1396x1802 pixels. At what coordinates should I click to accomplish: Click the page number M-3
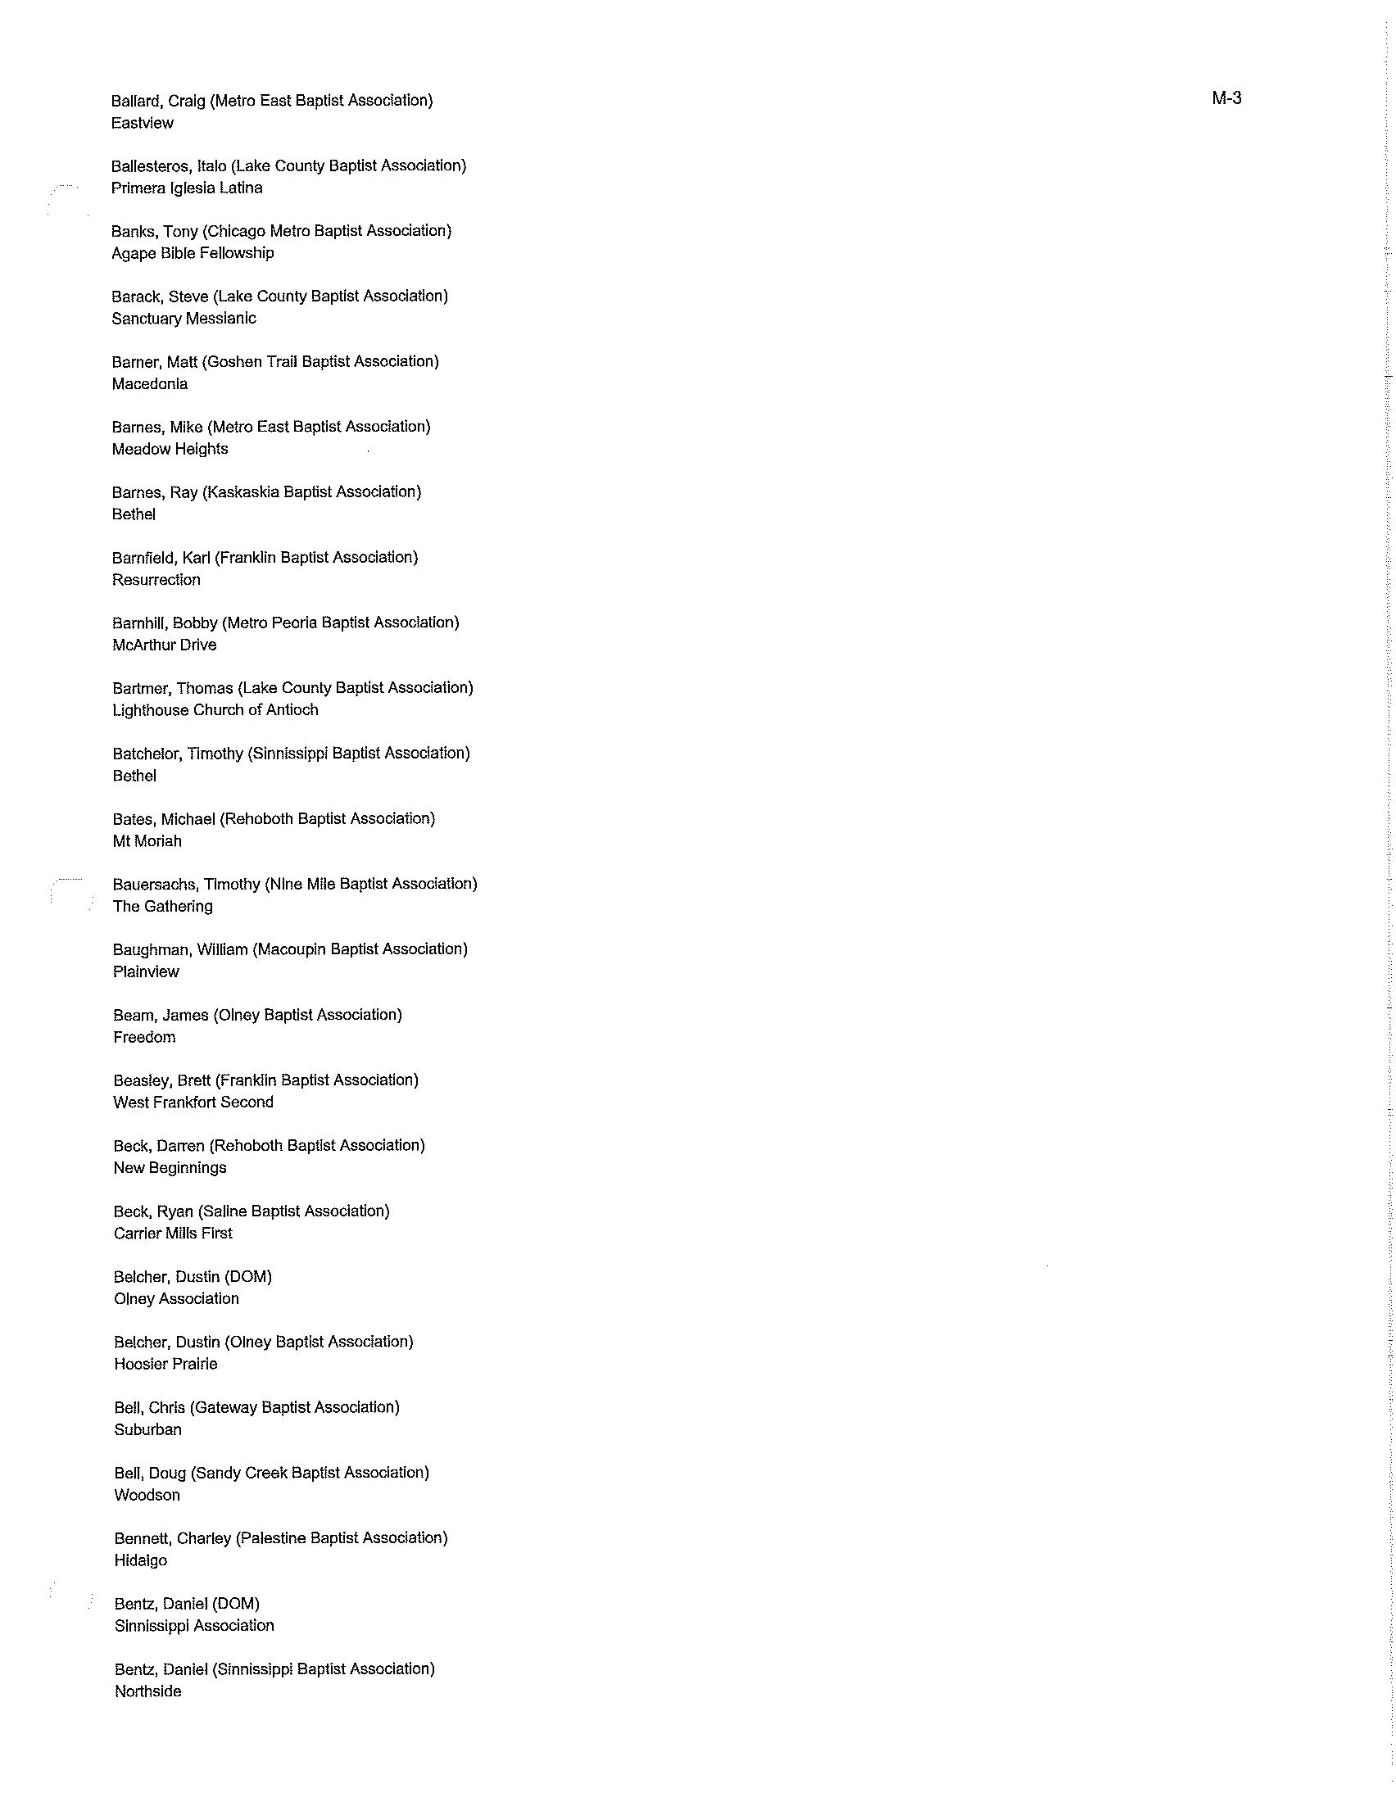pos(1226,98)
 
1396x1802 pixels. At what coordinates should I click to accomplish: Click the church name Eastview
pos(142,123)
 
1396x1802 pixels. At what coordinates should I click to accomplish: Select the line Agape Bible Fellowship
pos(193,253)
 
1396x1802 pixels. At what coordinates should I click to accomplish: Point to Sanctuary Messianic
pos(184,319)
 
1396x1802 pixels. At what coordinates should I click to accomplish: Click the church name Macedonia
pos(149,383)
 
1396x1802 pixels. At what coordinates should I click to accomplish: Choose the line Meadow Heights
pos(170,449)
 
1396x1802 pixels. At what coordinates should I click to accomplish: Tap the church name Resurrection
pos(156,580)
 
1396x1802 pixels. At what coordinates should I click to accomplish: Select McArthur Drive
pos(164,645)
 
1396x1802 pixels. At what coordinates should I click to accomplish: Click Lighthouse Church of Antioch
pos(215,710)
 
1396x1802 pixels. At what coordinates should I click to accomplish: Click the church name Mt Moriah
pos(147,841)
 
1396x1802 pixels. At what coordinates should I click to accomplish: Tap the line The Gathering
pos(162,907)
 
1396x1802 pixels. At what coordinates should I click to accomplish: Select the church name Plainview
pos(146,972)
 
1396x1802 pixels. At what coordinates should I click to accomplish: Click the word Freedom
pos(144,1037)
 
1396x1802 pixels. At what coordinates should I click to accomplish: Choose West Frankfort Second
pos(193,1102)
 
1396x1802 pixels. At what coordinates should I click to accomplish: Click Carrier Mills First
pos(173,1234)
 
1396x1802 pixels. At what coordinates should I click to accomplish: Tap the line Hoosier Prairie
pos(165,1364)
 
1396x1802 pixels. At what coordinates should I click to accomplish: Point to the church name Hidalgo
pos(140,1560)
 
